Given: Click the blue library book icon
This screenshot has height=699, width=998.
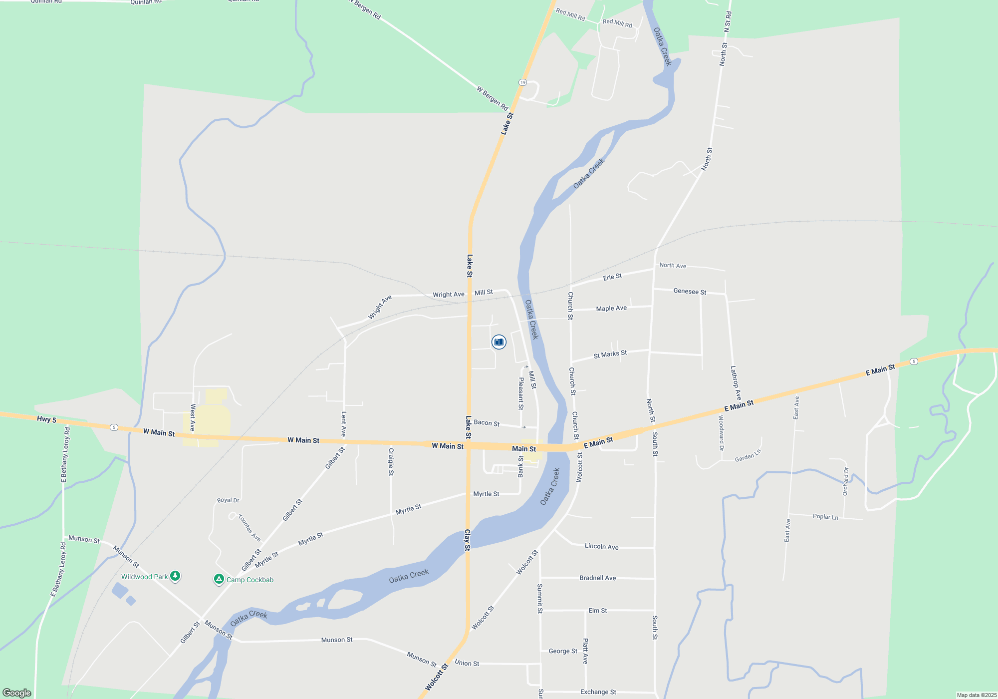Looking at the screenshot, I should (x=499, y=342).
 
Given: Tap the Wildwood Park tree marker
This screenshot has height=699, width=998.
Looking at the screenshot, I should (x=175, y=576).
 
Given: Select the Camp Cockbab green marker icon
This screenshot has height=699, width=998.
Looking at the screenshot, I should (x=219, y=579).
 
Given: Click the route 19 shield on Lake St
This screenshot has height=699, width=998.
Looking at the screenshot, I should (x=522, y=82).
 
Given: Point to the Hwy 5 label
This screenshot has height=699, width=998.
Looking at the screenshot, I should (x=47, y=419).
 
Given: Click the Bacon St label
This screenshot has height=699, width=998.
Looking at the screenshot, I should (x=487, y=423).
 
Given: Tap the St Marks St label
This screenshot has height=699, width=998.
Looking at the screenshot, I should (x=610, y=354).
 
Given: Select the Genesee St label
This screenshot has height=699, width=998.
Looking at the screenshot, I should (x=690, y=292).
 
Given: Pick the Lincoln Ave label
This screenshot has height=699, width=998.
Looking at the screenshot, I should (x=601, y=546).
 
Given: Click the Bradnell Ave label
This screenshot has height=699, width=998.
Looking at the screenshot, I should (x=597, y=578).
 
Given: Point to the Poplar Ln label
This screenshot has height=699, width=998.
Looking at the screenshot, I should (x=825, y=517).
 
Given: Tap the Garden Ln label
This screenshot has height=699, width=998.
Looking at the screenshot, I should (x=748, y=456).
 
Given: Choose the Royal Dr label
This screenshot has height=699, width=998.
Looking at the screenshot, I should (x=228, y=500).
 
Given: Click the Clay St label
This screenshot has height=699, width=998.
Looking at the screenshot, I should (x=468, y=540).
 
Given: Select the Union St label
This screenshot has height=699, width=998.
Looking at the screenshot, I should (x=467, y=663).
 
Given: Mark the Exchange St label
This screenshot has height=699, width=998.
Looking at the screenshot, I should (x=598, y=692).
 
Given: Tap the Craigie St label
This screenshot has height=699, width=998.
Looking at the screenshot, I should (x=391, y=462).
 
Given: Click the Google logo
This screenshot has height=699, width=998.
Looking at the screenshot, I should (x=17, y=693).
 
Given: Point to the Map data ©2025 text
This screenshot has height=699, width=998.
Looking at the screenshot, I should (x=977, y=695).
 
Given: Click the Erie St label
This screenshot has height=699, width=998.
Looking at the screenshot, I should (x=612, y=277).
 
